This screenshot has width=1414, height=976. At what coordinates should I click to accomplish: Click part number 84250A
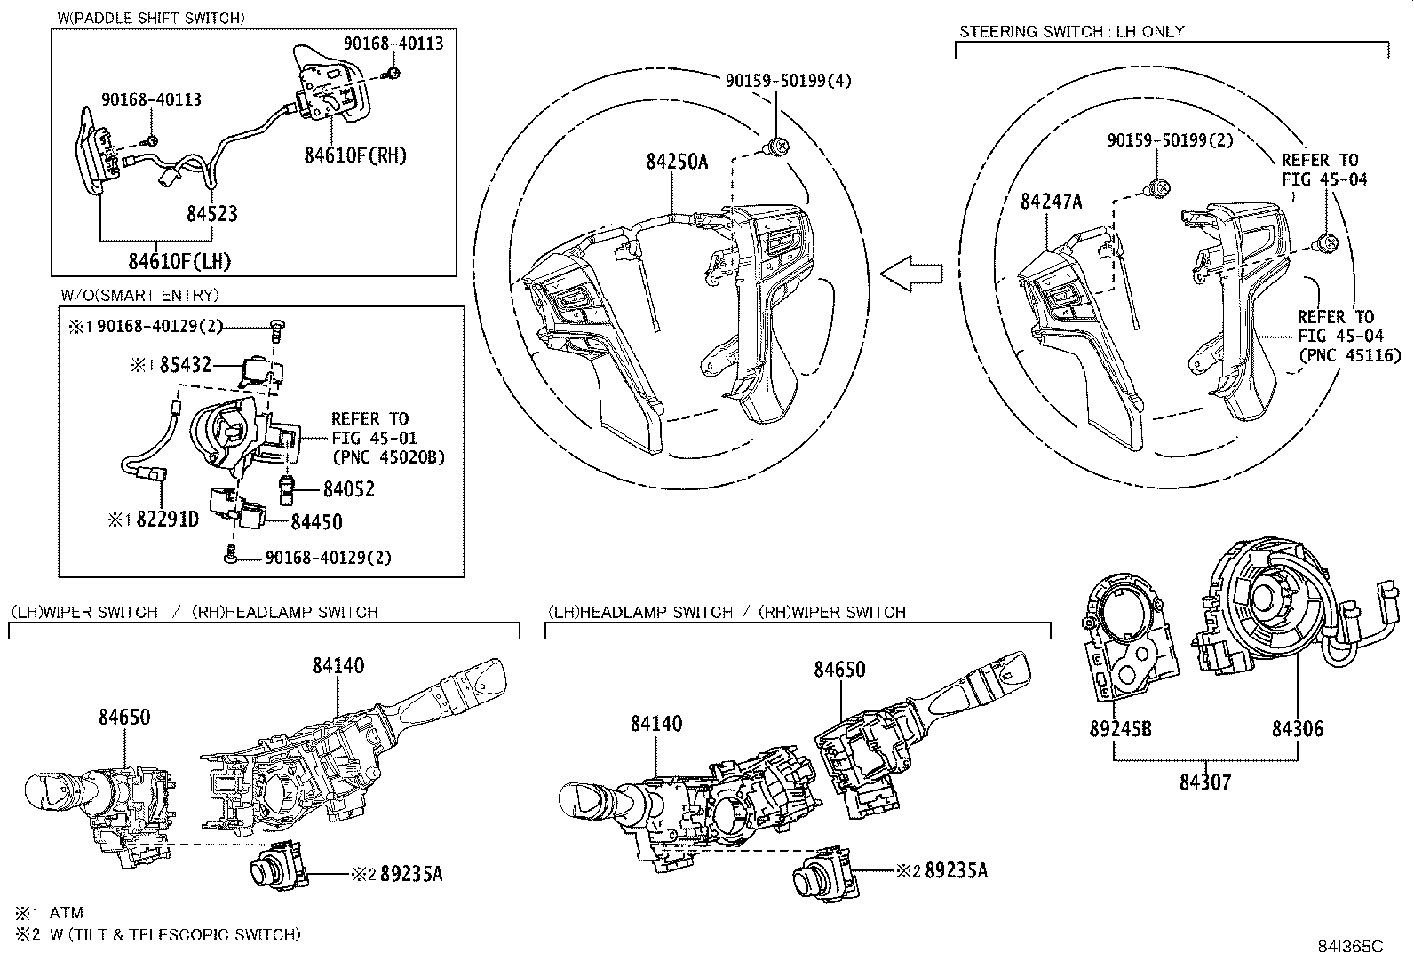677,162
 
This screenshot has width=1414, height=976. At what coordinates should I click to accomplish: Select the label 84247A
1051,202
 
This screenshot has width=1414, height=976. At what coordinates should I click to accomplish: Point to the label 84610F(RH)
355,155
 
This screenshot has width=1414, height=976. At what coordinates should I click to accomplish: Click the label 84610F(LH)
179,261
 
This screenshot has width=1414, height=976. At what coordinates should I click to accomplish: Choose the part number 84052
348,489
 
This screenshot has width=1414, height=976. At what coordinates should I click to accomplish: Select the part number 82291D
167,520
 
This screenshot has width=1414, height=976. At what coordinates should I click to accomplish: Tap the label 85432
186,364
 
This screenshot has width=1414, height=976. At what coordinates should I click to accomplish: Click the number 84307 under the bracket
1205,782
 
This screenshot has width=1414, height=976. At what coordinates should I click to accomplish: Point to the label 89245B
1120,730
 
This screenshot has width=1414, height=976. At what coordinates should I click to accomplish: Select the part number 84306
1297,730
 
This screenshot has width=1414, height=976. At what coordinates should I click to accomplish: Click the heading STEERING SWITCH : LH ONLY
1071,31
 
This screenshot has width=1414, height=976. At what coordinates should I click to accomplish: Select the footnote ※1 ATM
50,913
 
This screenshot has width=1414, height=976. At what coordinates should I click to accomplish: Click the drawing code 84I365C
1350,947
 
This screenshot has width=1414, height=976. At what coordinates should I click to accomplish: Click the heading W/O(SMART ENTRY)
139,296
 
